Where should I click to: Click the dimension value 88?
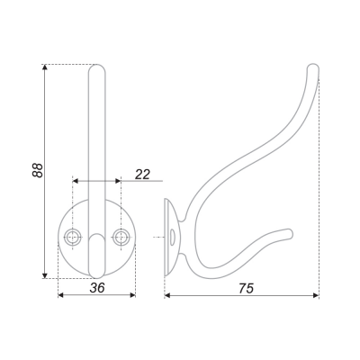coord(38,170)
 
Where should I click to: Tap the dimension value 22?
coord(142,175)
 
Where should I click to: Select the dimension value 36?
coord(97,288)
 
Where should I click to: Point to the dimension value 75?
coord(247,288)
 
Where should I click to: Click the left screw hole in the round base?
coord(73,237)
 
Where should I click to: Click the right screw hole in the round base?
coord(121,237)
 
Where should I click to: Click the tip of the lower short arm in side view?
coord(291,233)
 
